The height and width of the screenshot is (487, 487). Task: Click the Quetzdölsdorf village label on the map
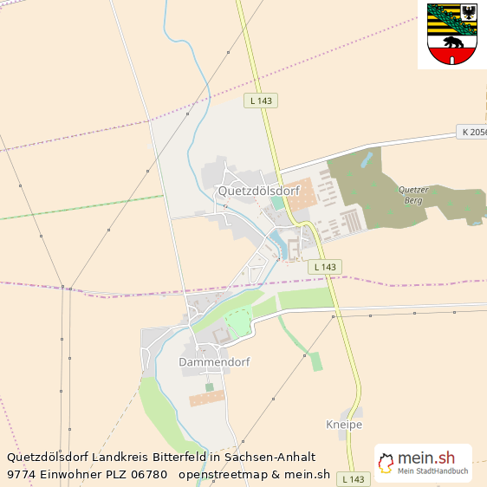259,191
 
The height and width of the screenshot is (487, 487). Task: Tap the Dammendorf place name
214,361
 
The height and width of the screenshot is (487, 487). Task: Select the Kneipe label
344,425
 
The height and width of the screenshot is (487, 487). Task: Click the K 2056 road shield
473,133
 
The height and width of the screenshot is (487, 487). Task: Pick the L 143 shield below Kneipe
354,478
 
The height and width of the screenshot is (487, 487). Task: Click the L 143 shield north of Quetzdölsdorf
260,101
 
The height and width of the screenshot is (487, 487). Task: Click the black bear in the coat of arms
452,42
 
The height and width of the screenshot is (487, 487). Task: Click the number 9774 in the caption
22,474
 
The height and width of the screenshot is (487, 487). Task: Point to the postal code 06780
149,474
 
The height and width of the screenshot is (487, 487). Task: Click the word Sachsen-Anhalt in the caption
270,457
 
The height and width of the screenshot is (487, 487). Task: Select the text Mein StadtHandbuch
432,471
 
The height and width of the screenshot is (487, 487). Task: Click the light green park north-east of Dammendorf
237,324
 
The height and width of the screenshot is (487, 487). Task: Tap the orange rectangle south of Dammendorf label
207,398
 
